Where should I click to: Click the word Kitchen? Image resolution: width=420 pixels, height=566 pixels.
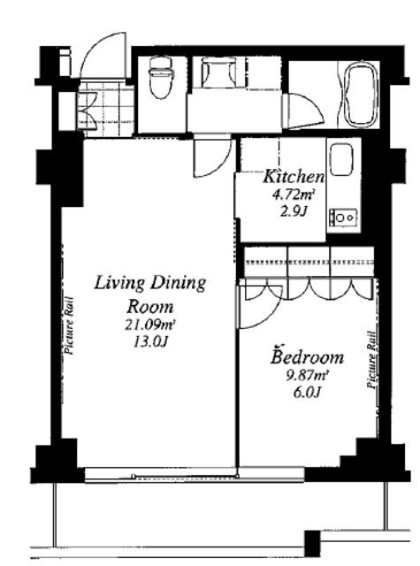294,177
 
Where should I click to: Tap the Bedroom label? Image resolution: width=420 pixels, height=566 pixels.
308,356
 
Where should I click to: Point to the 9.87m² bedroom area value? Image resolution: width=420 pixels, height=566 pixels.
306,376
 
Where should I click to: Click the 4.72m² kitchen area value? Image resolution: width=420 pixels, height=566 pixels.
293,195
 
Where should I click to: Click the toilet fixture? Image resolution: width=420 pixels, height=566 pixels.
160,78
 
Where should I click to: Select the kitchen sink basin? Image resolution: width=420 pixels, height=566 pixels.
341,159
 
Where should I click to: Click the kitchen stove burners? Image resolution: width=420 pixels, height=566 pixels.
343,218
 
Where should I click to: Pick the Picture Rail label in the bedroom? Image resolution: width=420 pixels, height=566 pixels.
371,360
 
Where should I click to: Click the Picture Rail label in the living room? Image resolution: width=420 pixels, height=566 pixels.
69,325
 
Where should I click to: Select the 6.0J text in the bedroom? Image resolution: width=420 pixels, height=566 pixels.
307,392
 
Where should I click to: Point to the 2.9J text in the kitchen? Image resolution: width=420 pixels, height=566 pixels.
294,211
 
